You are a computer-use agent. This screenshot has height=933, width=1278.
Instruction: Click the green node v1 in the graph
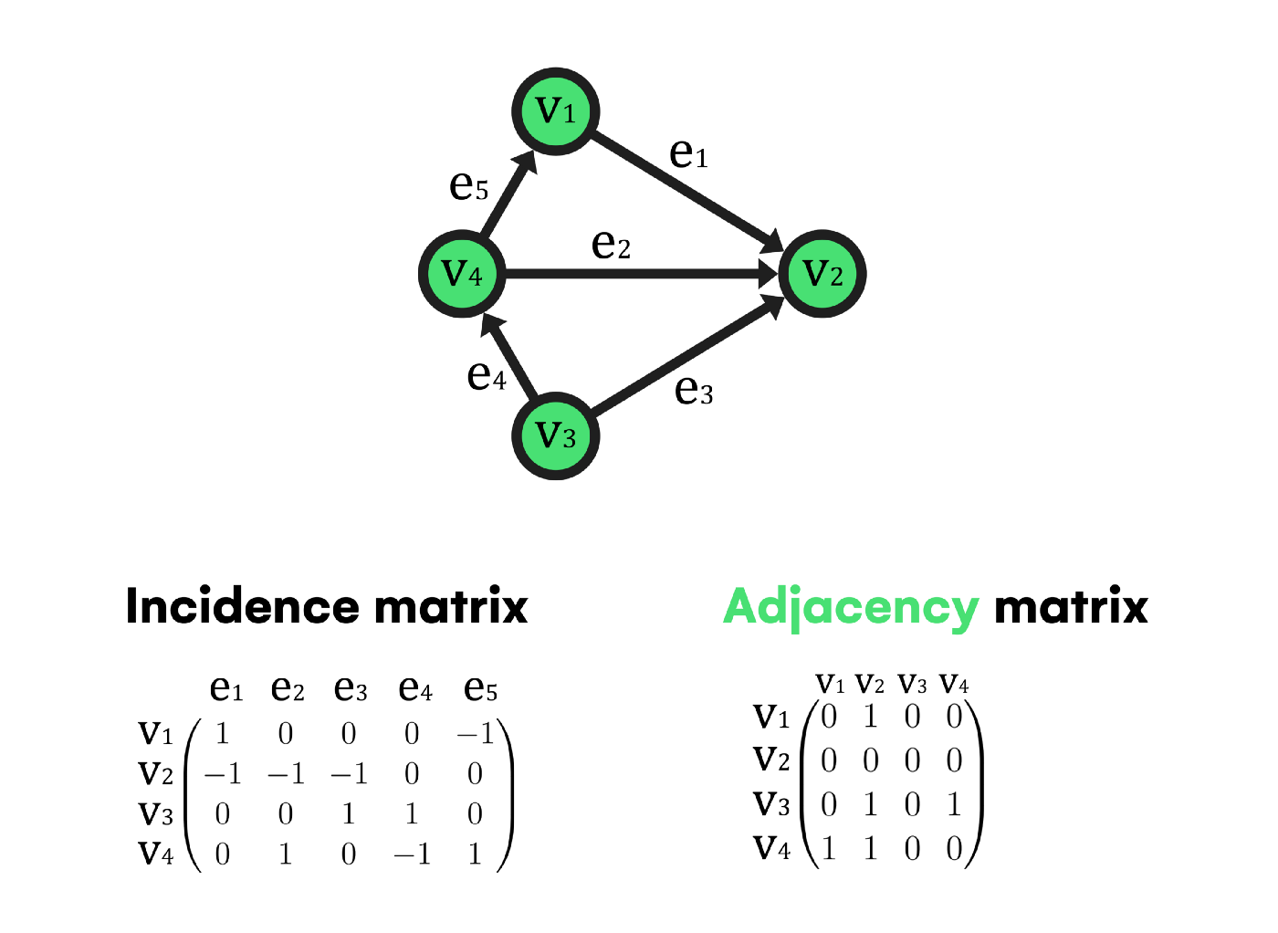coord(556,110)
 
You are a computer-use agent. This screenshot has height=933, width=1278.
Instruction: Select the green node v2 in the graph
coord(822,273)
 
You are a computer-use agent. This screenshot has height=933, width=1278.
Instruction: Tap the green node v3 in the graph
coord(556,435)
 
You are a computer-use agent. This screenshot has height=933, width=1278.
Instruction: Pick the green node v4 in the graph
coord(462,273)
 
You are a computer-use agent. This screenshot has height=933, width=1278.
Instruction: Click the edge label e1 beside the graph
coord(688,153)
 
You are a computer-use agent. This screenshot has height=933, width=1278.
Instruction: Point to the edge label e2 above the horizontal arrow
coord(611,245)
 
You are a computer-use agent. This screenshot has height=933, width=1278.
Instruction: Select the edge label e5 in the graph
coord(469,186)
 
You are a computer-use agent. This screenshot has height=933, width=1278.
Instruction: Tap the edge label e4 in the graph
coord(487,375)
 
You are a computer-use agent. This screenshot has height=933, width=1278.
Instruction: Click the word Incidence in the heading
coord(242,607)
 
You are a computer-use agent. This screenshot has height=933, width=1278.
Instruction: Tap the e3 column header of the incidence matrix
coord(351,688)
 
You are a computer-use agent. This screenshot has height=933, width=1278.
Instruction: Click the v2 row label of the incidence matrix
coord(155,774)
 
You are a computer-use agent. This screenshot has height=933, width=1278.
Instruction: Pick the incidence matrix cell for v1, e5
coord(476,733)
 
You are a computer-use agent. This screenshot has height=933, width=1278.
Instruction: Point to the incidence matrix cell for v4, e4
coord(412,854)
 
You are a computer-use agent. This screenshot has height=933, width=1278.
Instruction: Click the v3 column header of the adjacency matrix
coord(912,684)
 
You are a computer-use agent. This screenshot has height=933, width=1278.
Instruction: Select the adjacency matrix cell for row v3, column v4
coord(954,804)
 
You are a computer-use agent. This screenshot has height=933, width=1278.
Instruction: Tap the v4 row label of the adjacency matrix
coord(771,848)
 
